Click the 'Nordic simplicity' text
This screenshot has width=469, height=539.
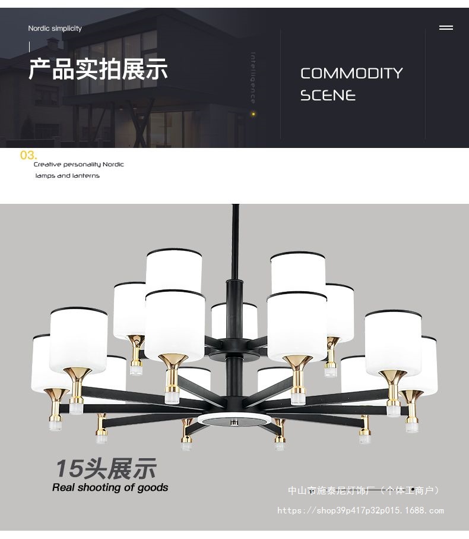55,28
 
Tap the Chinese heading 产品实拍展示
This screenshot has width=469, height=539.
98,70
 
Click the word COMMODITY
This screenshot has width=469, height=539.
351,73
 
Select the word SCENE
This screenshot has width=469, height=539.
328,95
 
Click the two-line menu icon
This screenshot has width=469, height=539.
446,27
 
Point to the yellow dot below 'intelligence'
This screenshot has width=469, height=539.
253,114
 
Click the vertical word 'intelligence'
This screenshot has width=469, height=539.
253,78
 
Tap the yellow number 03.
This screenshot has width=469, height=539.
28,155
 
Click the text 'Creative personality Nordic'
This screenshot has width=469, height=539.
78,164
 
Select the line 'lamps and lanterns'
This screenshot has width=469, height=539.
67,176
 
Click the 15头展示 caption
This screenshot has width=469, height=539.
106,468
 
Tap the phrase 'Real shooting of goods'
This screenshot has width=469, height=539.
110,487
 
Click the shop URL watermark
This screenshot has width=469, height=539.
360,510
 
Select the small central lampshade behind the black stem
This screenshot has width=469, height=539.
234,320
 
